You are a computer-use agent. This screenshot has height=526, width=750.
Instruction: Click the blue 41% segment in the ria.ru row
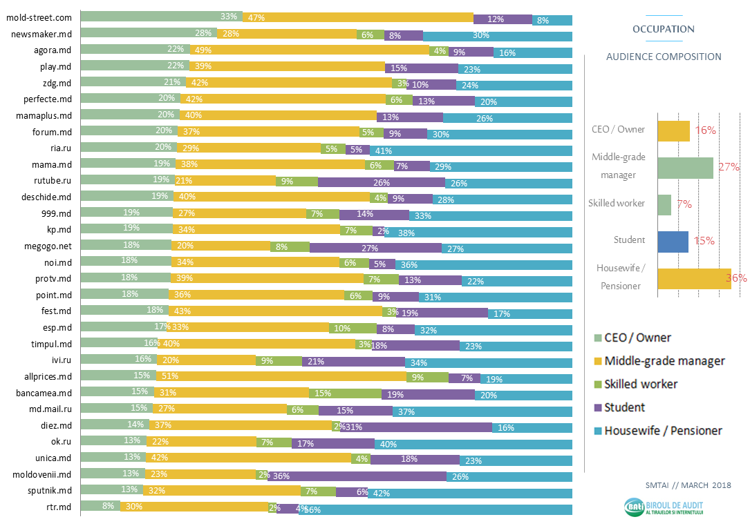[471, 149]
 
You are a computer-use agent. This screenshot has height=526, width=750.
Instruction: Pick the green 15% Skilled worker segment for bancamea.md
[345, 393]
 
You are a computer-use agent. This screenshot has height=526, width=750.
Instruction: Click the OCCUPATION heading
[663, 29]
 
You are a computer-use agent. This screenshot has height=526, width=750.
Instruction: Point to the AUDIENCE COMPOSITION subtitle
[663, 57]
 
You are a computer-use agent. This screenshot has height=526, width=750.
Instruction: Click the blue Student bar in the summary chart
[673, 241]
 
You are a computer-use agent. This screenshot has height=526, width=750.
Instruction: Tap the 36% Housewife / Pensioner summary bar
[693, 278]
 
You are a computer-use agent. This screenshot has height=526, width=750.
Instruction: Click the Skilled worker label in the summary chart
[616, 203]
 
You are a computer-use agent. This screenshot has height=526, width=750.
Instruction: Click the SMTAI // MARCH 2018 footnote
[688, 485]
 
